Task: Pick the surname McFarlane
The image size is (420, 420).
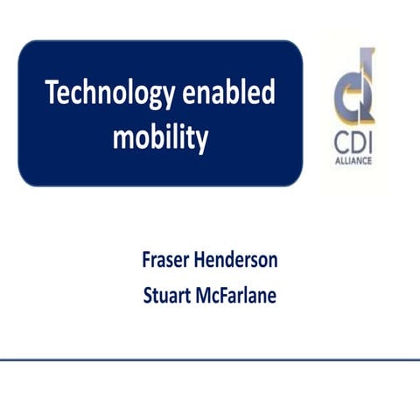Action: click(x=237, y=295)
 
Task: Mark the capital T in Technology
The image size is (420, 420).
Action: click(x=52, y=93)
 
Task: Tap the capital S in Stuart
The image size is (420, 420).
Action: click(x=148, y=295)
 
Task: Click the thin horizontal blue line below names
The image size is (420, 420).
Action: click(x=210, y=360)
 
